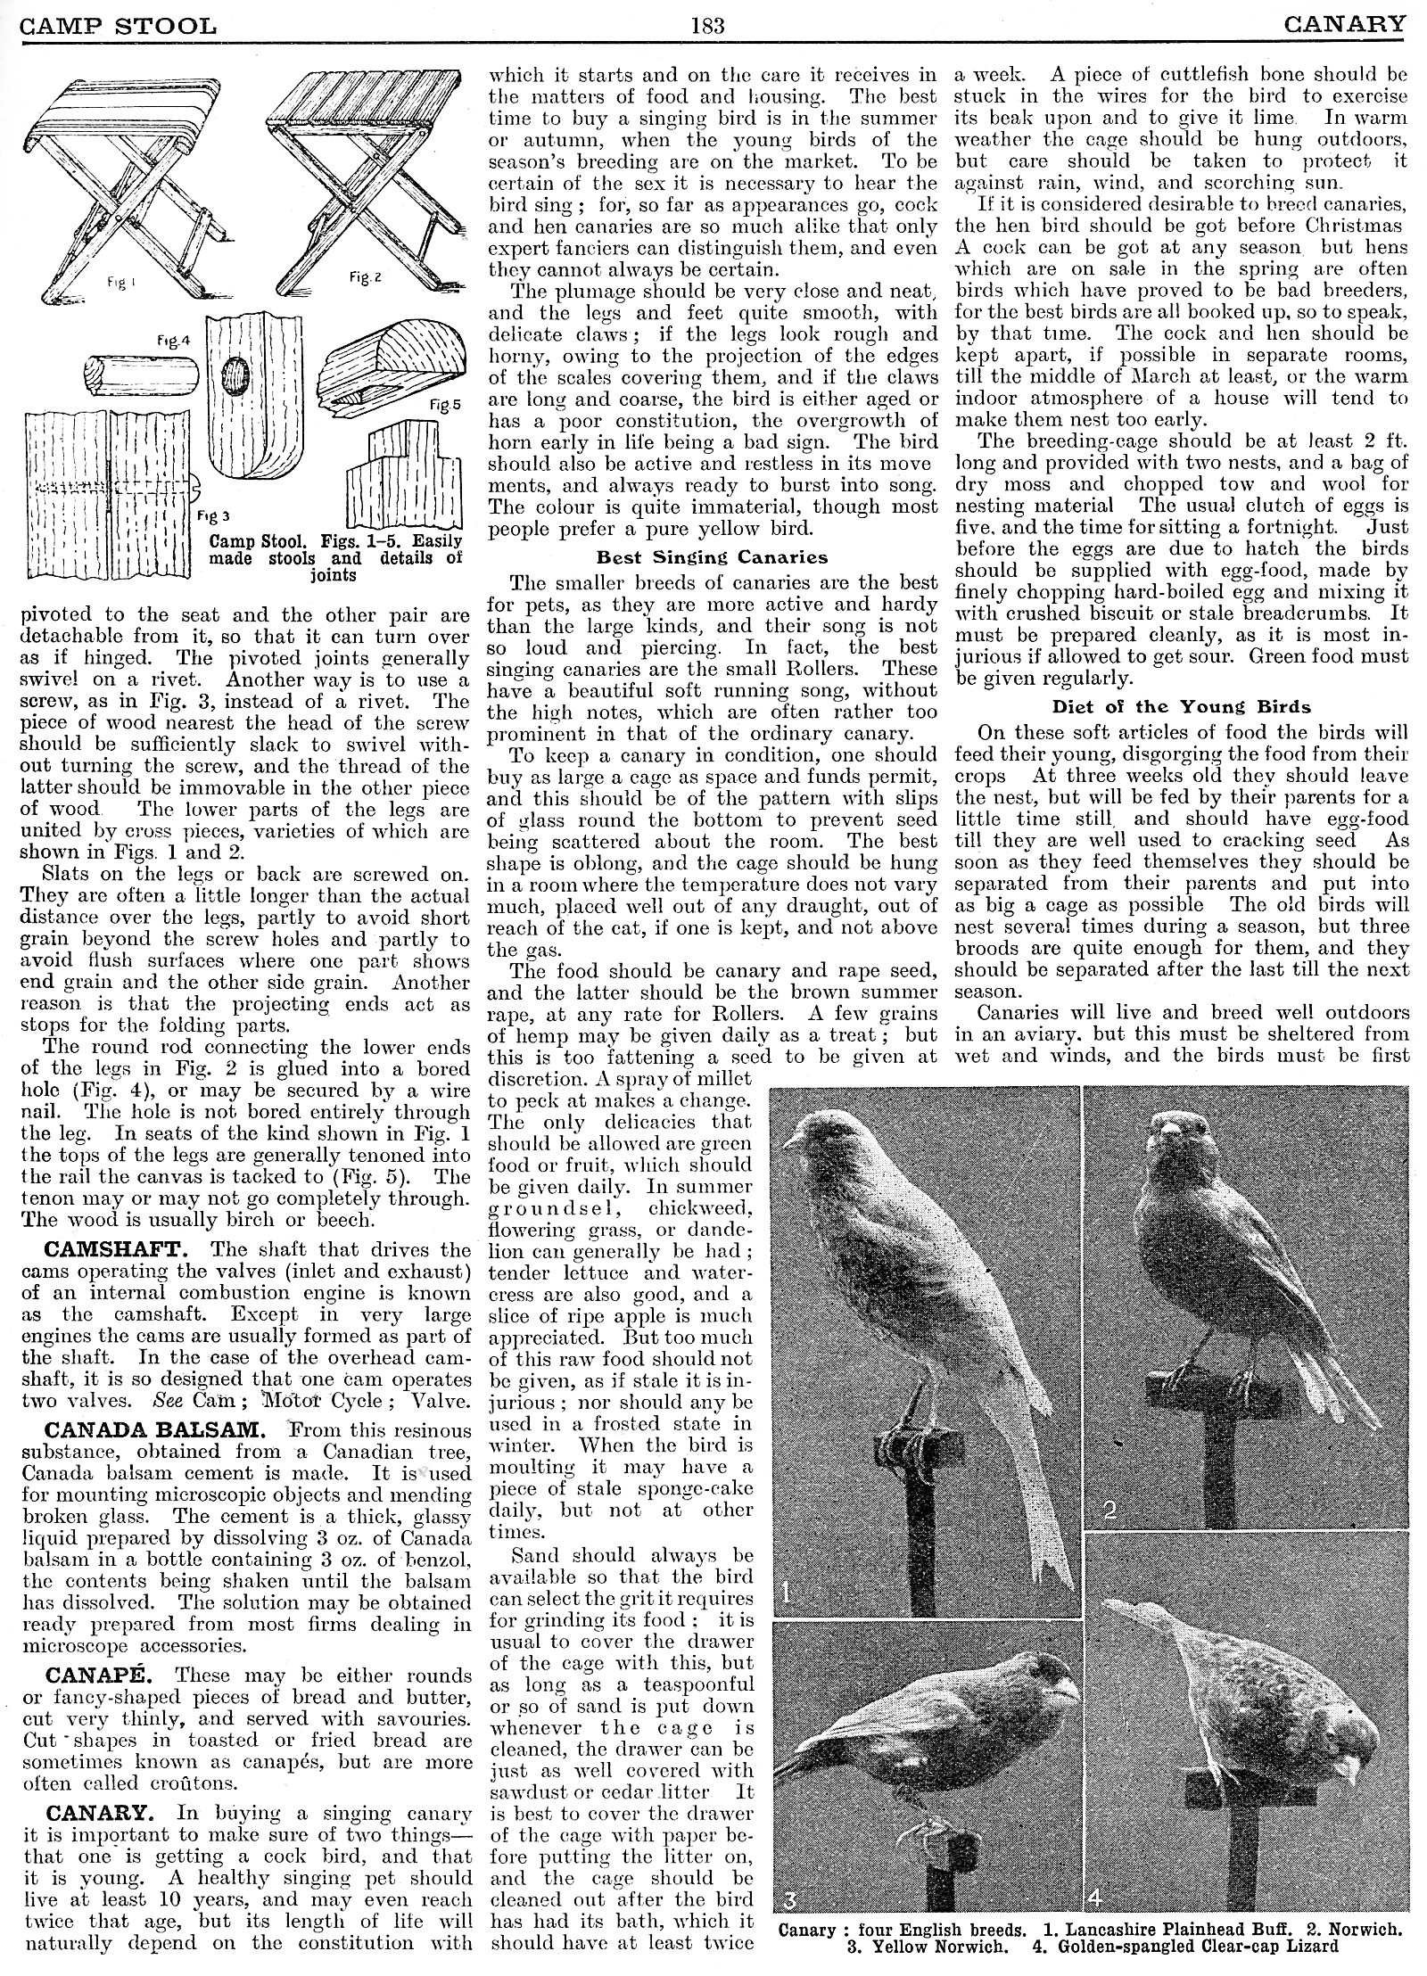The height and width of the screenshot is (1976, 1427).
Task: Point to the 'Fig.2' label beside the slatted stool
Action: tap(366, 277)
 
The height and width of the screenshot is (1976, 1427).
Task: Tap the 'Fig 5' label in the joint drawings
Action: tap(445, 404)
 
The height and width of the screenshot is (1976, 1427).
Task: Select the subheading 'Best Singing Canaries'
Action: tap(712, 557)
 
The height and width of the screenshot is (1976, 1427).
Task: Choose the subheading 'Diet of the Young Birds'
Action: tap(1182, 707)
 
